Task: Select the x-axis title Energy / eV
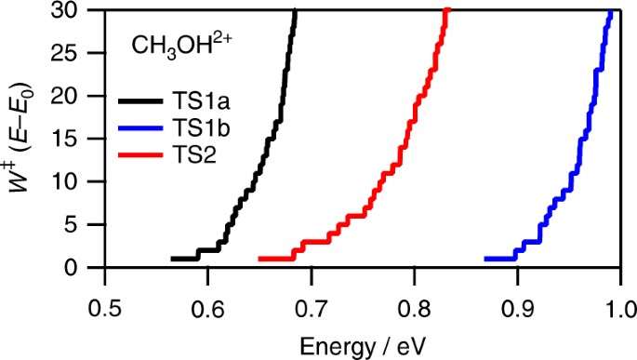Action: point(362,345)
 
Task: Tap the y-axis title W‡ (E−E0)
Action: point(25,138)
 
